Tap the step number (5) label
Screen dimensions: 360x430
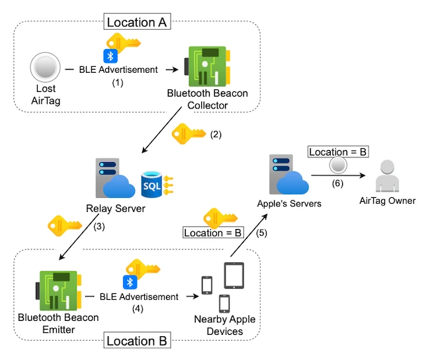[x=261, y=233]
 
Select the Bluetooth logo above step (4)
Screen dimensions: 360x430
[x=131, y=283]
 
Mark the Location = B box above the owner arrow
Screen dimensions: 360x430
[x=338, y=152]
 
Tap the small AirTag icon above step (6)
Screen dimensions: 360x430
[x=337, y=165]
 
